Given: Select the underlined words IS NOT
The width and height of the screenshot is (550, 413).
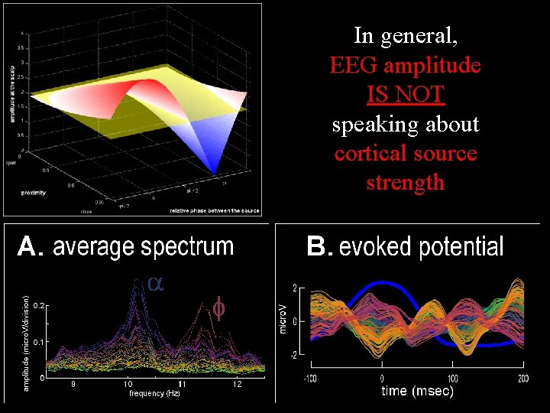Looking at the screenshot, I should point(405,95).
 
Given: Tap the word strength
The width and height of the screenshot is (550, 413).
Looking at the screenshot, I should point(405,183).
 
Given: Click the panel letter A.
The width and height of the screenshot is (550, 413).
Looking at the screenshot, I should point(28,246).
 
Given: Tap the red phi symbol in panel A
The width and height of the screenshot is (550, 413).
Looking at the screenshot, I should point(218,310).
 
